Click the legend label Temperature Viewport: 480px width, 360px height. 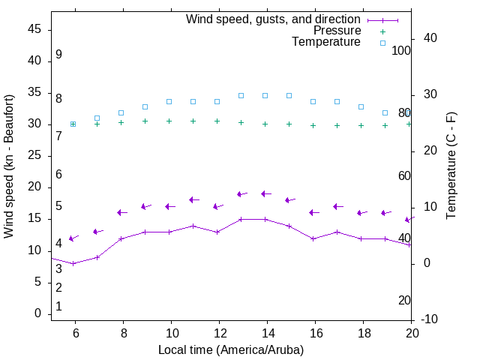click(x=326, y=42)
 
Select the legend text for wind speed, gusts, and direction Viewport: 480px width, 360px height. click(x=274, y=19)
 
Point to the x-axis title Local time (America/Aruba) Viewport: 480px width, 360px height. click(x=231, y=349)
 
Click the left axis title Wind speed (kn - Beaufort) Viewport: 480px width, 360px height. click(x=9, y=166)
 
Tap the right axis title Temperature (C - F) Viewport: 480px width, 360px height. click(x=451, y=166)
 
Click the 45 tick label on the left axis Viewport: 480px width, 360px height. click(x=34, y=30)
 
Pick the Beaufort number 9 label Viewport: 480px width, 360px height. click(x=58, y=55)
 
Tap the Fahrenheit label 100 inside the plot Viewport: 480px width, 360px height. click(x=401, y=50)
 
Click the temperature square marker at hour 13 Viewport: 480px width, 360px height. click(x=241, y=95)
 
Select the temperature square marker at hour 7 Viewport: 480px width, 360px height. click(x=97, y=118)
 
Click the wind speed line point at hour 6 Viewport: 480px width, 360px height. click(x=73, y=263)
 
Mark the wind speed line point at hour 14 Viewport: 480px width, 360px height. click(x=265, y=219)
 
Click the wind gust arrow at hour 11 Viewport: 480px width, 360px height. click(x=193, y=199)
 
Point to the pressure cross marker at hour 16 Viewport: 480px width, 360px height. click(x=313, y=125)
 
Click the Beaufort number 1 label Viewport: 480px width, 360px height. click(x=58, y=307)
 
